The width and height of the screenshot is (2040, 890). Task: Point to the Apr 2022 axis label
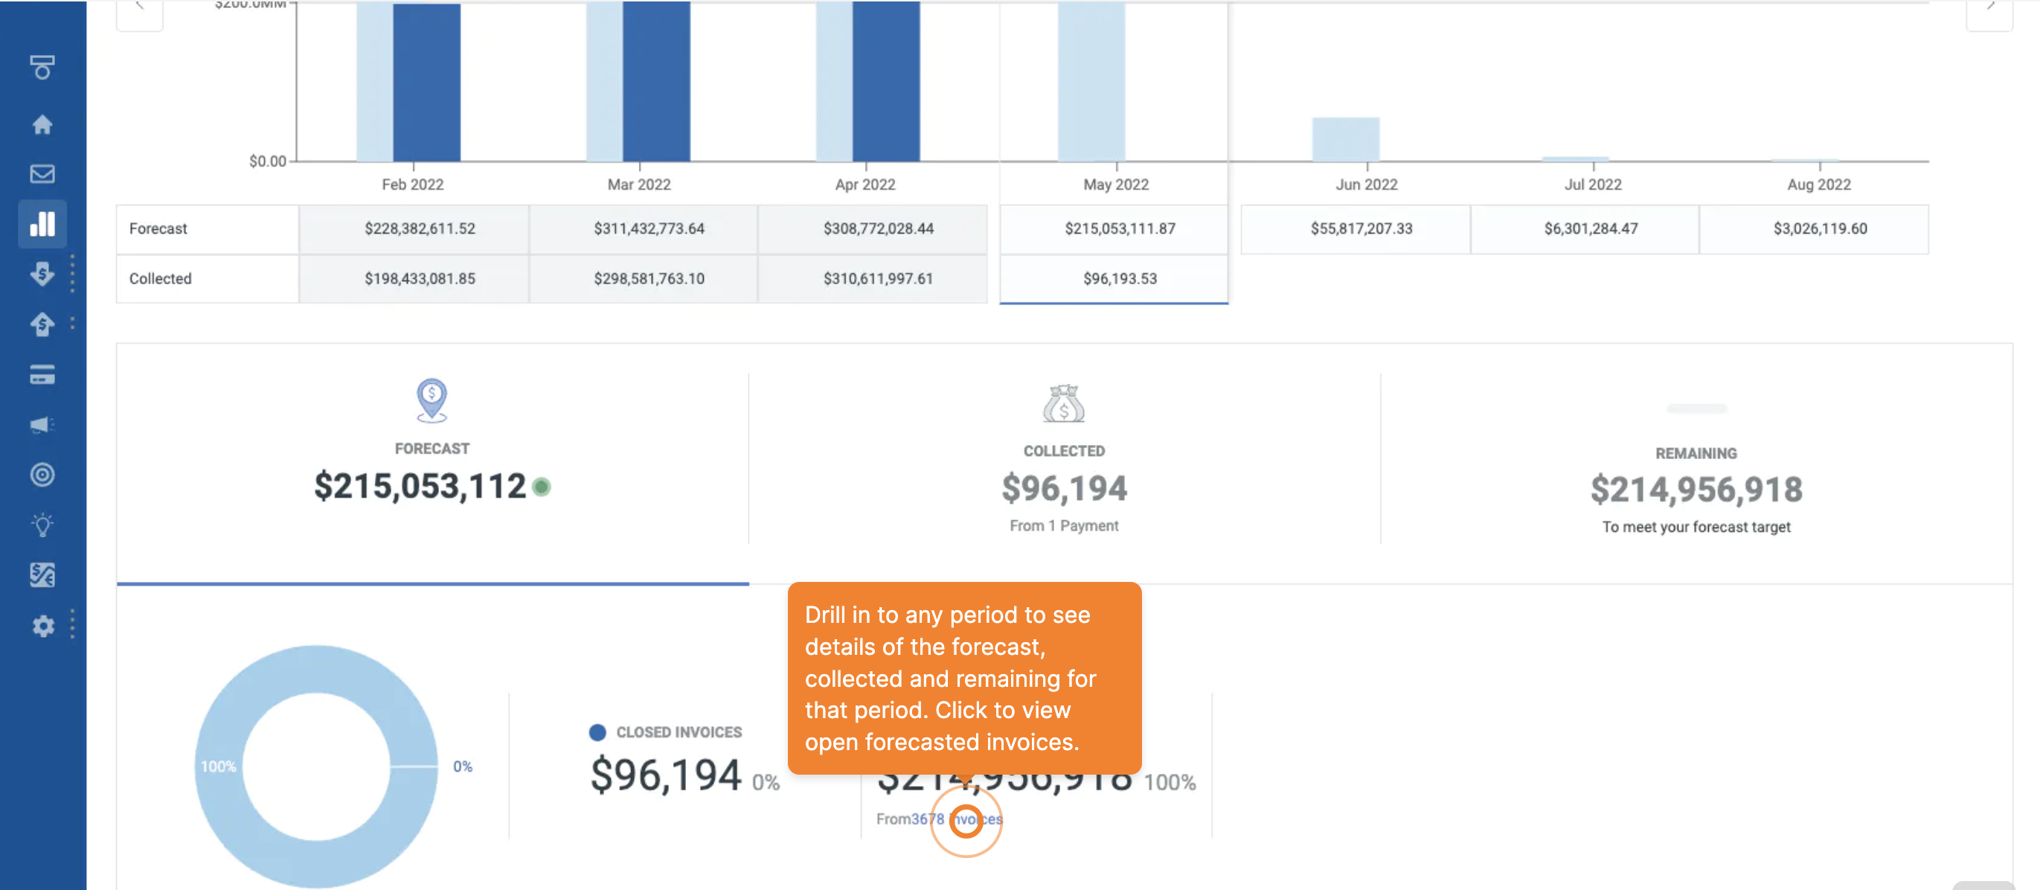point(865,185)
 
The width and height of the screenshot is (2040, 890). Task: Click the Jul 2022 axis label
point(1593,185)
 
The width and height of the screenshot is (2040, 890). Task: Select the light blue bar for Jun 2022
point(1345,139)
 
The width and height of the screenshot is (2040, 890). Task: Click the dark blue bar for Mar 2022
point(656,79)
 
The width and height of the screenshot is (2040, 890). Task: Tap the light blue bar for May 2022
point(1091,79)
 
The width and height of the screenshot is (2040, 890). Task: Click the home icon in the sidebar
point(42,124)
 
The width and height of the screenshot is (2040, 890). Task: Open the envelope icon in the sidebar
point(42,174)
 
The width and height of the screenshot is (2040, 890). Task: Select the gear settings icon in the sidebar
point(42,626)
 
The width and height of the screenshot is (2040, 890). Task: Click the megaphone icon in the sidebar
point(42,425)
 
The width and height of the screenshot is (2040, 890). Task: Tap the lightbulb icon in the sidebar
point(42,525)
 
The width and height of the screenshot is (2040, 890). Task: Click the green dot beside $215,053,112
point(542,487)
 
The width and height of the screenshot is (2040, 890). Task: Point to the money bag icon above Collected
point(1064,404)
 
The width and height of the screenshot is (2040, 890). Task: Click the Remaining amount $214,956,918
point(1696,490)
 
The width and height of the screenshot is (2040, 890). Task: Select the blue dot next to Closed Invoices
point(598,732)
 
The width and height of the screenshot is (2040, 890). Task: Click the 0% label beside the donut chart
point(463,766)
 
